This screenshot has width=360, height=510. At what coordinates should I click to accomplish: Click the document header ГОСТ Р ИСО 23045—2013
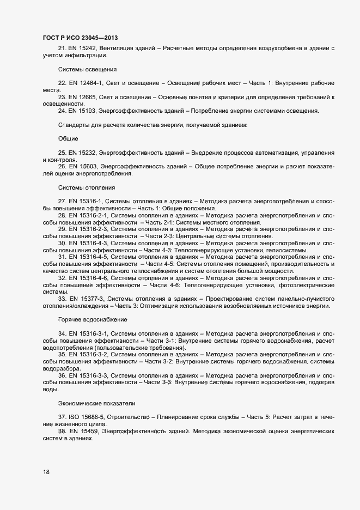point(80,37)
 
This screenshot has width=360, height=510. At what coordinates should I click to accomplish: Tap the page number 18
point(46,472)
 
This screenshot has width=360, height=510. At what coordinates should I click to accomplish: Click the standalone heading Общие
point(68,139)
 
